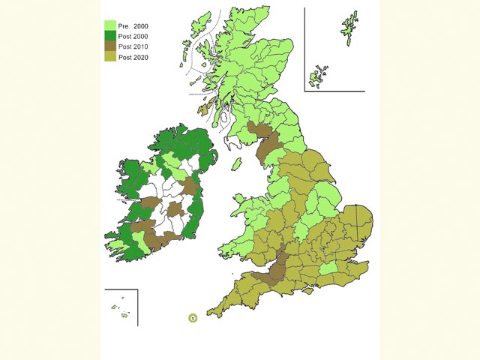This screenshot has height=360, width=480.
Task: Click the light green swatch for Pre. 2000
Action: pos(109,25)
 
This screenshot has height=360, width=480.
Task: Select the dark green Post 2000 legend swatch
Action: pos(109,36)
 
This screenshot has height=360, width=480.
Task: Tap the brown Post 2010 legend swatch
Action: pos(109,46)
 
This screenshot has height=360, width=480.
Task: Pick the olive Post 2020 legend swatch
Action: pos(109,57)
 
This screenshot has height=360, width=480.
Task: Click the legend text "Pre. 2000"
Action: pos(133,25)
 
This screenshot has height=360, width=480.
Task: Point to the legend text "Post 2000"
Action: pos(133,36)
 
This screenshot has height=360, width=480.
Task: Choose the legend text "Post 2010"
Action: pos(133,46)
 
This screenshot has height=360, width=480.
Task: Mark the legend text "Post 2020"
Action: pos(133,57)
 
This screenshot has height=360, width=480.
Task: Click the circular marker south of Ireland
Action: pos(193,318)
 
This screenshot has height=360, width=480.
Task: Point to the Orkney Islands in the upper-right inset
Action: pos(319,74)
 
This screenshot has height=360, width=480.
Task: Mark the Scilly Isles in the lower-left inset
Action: pos(120,309)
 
